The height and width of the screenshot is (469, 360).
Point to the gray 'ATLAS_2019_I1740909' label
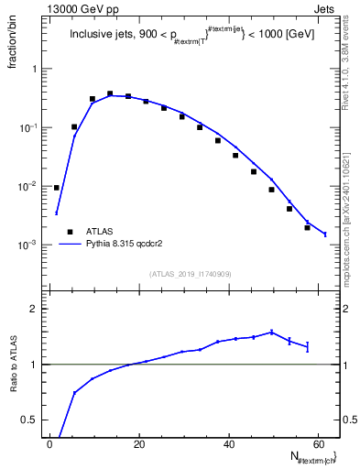point(191,274)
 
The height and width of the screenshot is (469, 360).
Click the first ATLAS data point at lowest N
point(57,188)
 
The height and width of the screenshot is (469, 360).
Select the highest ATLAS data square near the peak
point(110,93)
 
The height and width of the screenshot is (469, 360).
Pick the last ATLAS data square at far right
point(307,227)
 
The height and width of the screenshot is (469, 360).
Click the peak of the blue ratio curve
point(271,332)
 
